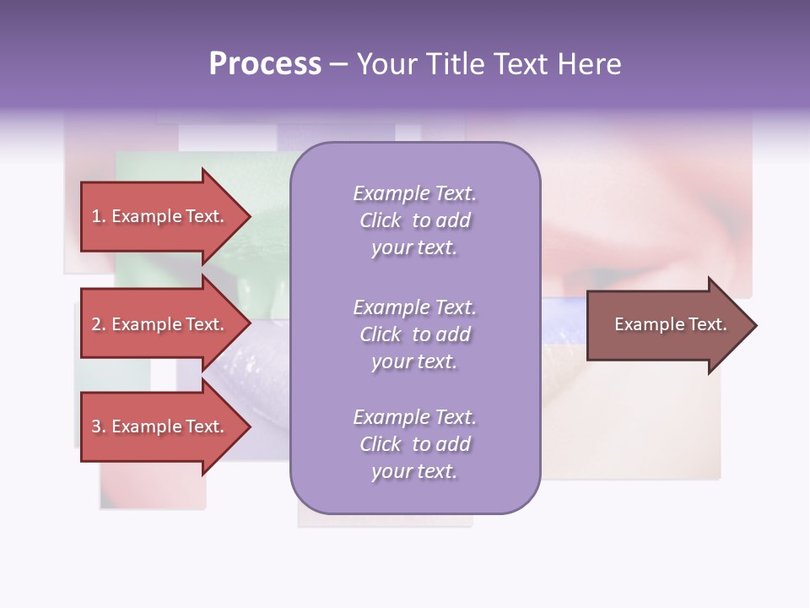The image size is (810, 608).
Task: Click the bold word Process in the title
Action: (265, 64)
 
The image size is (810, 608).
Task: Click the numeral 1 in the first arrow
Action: (96, 216)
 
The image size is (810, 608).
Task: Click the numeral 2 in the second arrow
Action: (96, 324)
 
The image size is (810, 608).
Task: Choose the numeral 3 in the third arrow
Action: (96, 426)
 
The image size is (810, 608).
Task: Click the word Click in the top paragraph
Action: (381, 220)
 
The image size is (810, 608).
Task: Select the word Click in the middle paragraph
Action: (381, 334)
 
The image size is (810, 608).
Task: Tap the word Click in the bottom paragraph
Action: (381, 444)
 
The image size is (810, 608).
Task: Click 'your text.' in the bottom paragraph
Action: (414, 471)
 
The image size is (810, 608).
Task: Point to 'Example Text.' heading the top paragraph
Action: (414, 193)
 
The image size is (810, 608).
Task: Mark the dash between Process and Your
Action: (338, 65)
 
